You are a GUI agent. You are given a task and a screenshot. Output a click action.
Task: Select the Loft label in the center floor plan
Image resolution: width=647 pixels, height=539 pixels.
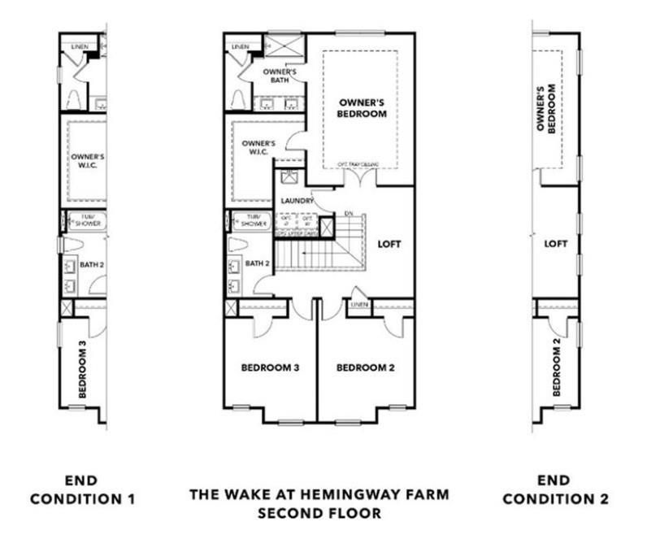pos(390,243)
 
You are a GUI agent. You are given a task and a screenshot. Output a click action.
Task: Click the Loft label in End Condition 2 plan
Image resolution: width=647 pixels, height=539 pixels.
pos(555,243)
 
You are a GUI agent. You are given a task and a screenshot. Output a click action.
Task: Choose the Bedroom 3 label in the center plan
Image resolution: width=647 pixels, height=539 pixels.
pos(271,367)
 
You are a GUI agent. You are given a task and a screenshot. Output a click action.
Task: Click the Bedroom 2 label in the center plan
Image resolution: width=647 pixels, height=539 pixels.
pos(366,367)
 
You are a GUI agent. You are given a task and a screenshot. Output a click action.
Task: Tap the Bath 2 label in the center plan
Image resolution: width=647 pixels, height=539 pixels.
pos(257,263)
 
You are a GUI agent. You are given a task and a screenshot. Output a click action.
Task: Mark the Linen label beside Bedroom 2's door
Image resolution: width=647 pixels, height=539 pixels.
pos(358,305)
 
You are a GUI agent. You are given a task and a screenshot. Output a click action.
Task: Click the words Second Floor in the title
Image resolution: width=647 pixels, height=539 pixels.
pos(319,513)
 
